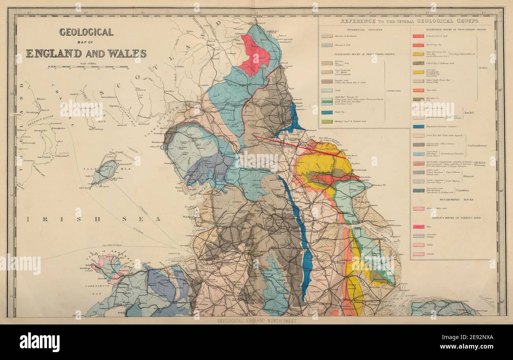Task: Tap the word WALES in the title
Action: [127, 53]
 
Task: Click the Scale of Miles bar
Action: [88, 67]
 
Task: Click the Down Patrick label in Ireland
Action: [45, 157]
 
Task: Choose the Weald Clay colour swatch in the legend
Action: [326, 112]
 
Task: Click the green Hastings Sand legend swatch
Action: [326, 122]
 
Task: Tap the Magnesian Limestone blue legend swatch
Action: [418, 126]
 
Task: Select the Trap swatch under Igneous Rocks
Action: [418, 227]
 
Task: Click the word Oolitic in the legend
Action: [483, 68]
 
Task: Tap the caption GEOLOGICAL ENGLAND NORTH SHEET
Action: [256, 321]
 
